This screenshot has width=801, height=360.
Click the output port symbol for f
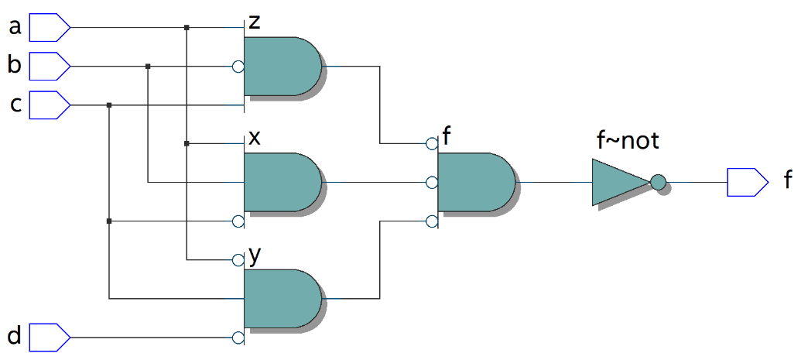pyautogui.click(x=746, y=182)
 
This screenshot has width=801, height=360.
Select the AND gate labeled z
pyautogui.click(x=281, y=67)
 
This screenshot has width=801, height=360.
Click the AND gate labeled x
pyautogui.click(x=281, y=183)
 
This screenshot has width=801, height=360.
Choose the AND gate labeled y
pyautogui.click(x=281, y=299)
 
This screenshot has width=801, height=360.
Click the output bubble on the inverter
pyautogui.click(x=658, y=183)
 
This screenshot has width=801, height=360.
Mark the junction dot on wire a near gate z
pyautogui.click(x=187, y=28)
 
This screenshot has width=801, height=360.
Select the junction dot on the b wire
pyautogui.click(x=148, y=67)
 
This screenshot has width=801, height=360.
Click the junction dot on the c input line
pyautogui.click(x=109, y=105)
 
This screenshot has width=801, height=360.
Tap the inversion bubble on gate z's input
pyautogui.click(x=238, y=67)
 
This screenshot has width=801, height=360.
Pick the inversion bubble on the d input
pyautogui.click(x=238, y=338)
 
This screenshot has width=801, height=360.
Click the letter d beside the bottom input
pyautogui.click(x=14, y=337)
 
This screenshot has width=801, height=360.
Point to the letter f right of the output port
pyautogui.click(x=788, y=182)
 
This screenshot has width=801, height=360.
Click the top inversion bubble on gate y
pyautogui.click(x=238, y=260)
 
